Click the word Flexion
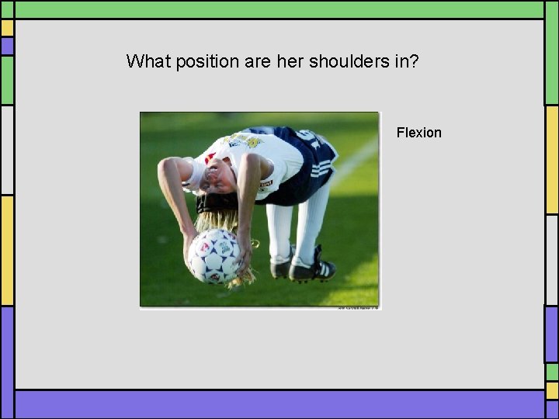(418, 133)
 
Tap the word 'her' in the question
(290, 61)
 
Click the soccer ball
(214, 255)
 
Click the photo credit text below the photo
(357, 308)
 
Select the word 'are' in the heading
(256, 61)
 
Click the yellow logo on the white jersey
(250, 142)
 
